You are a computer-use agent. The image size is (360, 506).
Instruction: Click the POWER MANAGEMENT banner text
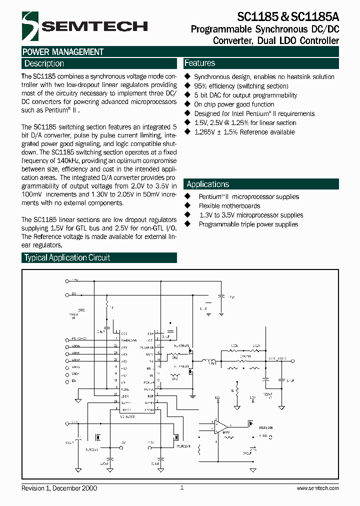click(63, 52)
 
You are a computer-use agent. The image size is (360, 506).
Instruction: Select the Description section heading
click(44, 63)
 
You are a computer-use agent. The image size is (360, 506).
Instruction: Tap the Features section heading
click(199, 63)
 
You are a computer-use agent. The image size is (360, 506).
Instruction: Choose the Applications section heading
click(207, 184)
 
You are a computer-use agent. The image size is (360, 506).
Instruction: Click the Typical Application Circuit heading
click(67, 257)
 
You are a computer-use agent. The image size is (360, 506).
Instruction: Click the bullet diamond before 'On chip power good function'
click(188, 104)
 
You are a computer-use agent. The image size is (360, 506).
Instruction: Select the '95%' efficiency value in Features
click(200, 86)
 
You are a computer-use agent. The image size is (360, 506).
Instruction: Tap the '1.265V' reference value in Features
click(204, 132)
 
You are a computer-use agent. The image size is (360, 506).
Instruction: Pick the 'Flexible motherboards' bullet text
click(229, 206)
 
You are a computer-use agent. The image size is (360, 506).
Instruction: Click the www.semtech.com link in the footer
click(317, 488)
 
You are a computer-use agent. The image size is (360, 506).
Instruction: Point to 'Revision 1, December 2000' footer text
click(59, 488)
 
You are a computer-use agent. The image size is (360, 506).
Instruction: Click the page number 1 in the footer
click(181, 487)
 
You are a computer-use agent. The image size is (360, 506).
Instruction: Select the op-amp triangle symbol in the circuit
click(220, 426)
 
